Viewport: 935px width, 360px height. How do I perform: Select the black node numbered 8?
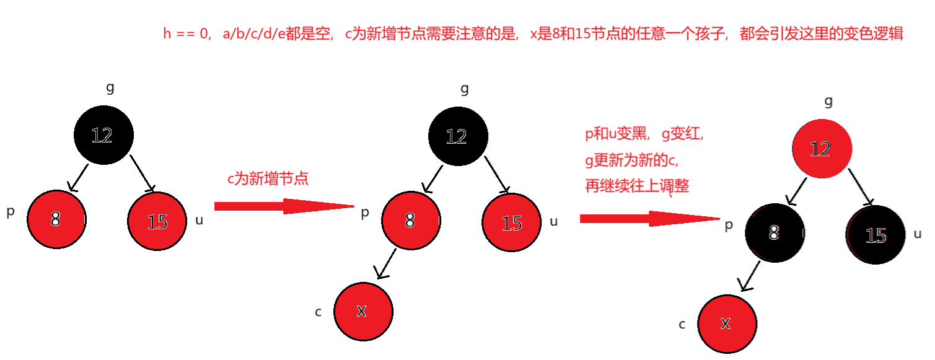[774, 232]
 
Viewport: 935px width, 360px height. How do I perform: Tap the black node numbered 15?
[876, 235]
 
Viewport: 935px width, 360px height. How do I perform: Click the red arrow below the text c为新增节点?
[284, 206]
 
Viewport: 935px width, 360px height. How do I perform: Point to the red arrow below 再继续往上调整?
[651, 218]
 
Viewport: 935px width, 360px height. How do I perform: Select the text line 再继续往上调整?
[637, 185]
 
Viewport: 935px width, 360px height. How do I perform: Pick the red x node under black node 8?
[726, 323]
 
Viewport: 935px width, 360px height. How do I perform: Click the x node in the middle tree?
[363, 311]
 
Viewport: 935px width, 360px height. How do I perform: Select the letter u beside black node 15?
[918, 234]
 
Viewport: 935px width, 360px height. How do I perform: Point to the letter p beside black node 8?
[730, 225]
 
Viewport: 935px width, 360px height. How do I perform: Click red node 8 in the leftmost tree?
[56, 219]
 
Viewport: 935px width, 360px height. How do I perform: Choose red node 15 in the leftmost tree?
[157, 221]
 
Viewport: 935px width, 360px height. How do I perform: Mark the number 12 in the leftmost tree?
[102, 135]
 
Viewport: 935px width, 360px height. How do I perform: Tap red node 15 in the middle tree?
[512, 222]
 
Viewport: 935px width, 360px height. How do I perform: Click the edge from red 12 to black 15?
[867, 193]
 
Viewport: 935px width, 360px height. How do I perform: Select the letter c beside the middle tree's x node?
[318, 312]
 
